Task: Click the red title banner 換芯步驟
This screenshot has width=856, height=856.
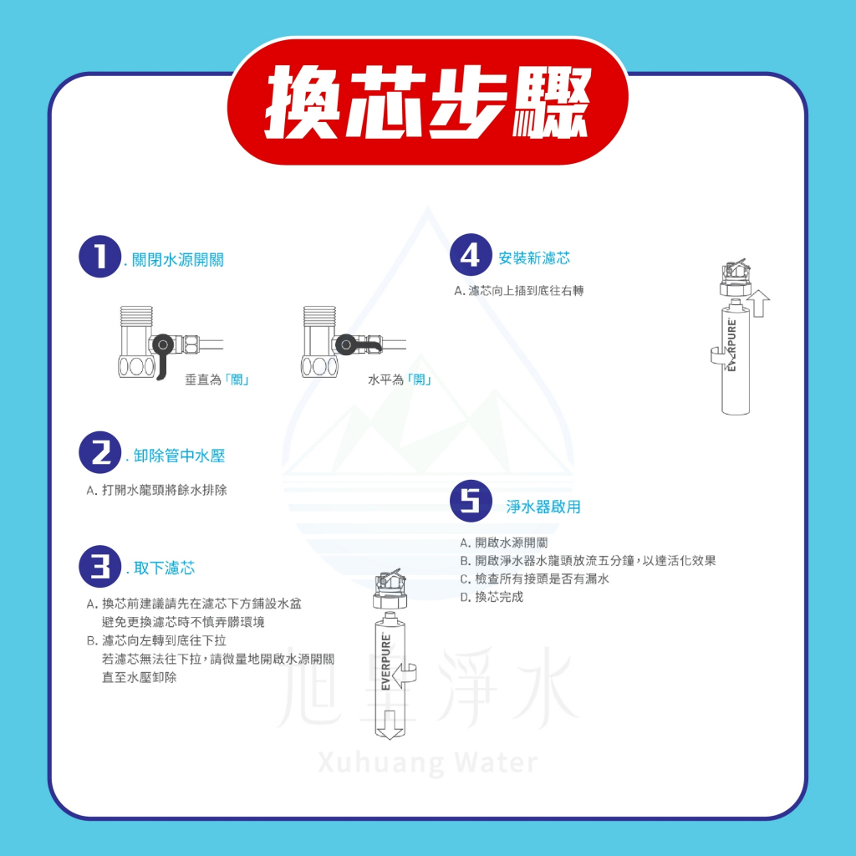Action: [427, 101]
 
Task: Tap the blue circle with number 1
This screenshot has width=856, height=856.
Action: [99, 257]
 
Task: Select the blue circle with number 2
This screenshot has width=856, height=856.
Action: [99, 452]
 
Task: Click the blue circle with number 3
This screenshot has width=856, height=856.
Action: [99, 566]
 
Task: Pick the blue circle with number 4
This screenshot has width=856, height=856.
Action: [471, 255]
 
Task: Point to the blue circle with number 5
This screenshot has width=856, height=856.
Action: [471, 502]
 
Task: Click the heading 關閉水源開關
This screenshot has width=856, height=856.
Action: [178, 260]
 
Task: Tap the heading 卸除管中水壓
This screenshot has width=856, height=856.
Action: [179, 456]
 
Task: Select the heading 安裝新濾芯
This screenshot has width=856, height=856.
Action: [534, 258]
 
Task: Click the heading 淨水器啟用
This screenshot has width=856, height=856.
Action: [543, 507]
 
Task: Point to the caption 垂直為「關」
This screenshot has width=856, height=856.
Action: [217, 380]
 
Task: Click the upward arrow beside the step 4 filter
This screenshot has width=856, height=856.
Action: [757, 304]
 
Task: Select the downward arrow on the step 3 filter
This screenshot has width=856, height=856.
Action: [389, 725]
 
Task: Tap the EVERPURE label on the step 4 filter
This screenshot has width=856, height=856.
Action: [732, 345]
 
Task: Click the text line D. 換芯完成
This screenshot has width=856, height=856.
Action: [492, 597]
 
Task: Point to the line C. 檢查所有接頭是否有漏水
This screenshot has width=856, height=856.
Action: [534, 578]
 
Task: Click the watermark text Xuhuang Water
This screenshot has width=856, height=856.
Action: [427, 762]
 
